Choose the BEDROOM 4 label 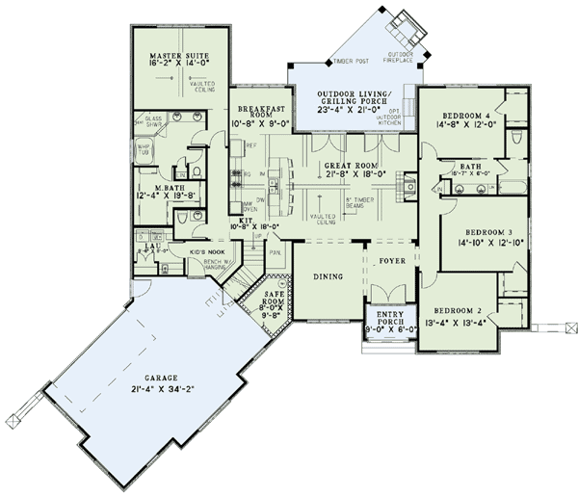pos(461,114)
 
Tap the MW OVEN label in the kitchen pos(250,205)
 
